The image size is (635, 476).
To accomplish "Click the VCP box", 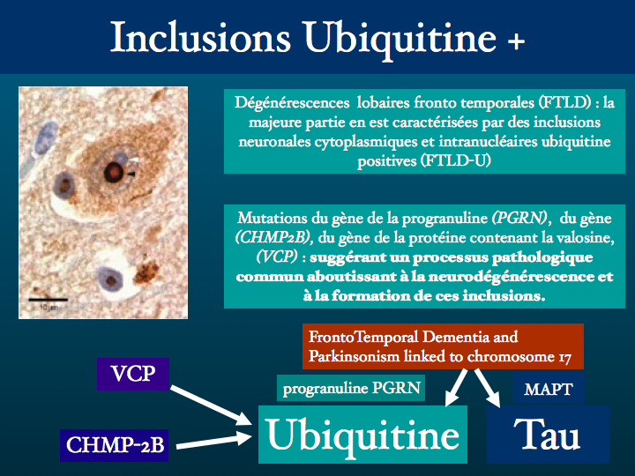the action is point(133,374).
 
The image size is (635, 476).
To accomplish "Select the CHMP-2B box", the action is point(114,445).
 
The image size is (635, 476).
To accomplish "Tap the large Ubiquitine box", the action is point(362,435).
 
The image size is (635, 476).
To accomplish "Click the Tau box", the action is point(548,435).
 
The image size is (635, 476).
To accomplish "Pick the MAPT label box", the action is point(549,389).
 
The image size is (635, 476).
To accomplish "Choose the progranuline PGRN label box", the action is point(351,388).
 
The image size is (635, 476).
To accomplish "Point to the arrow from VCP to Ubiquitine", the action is point(211,405).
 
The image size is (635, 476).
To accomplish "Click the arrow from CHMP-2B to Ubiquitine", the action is point(213,441).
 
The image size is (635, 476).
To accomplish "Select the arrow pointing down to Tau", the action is point(488,388).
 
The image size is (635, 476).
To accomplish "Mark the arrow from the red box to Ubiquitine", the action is point(456,387).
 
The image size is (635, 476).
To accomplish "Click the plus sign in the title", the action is point(516,41).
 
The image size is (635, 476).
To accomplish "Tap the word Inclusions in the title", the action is point(200,37).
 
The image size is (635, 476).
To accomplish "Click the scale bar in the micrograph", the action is point(48,300).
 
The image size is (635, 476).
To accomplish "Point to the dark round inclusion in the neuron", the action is point(114,173).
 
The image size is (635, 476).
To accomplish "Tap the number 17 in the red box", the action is point(565,357).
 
